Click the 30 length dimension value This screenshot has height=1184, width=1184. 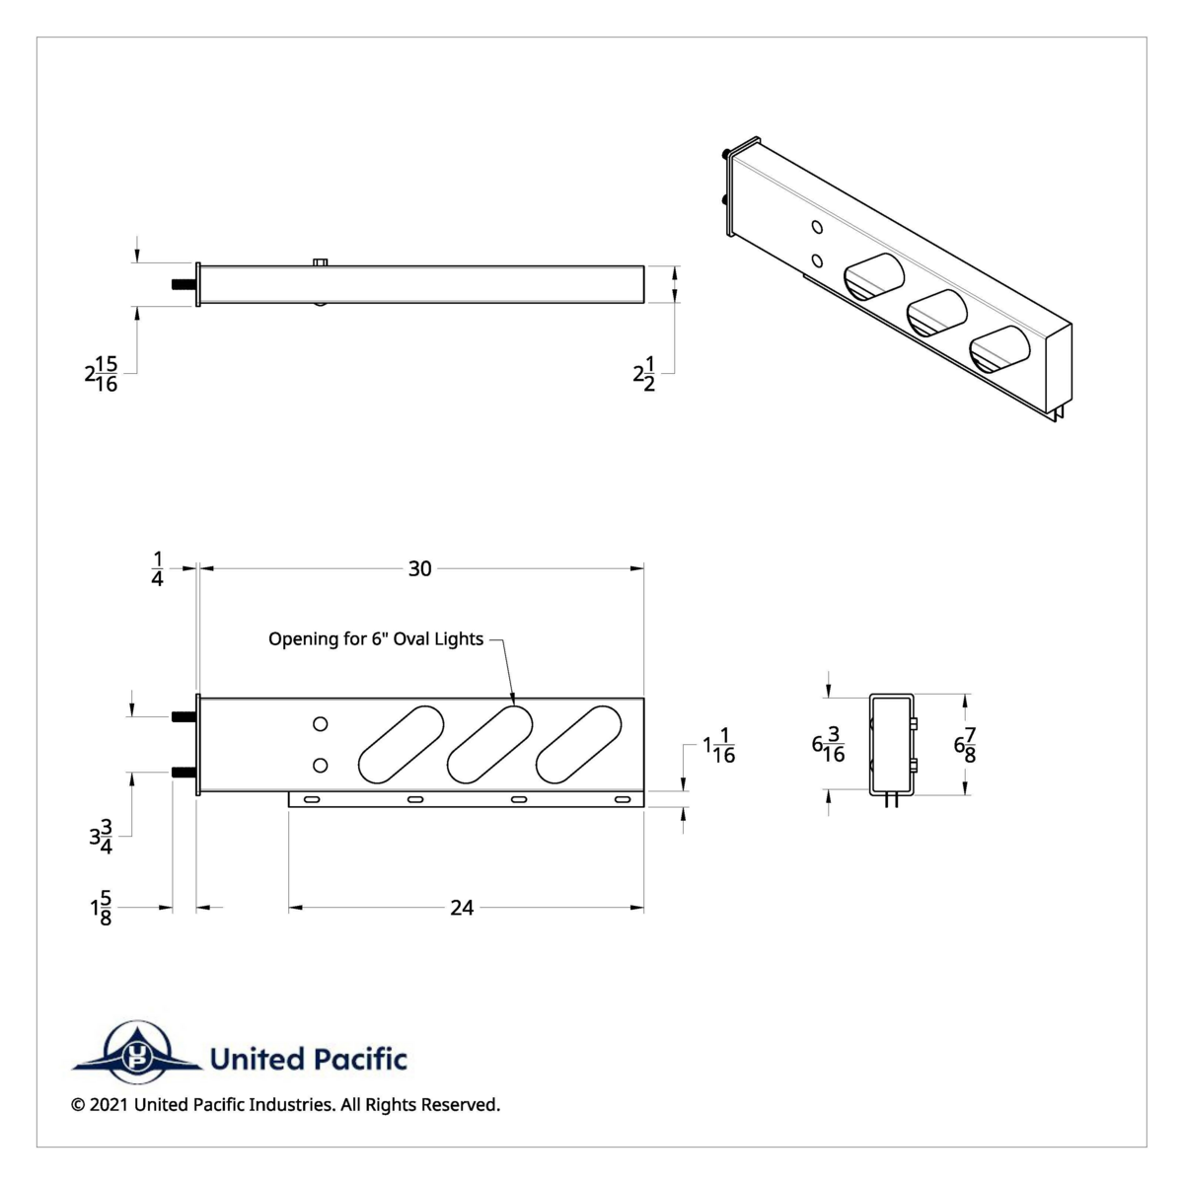(420, 569)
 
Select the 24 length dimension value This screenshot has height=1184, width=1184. (462, 908)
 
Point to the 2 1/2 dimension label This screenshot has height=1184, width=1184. (644, 375)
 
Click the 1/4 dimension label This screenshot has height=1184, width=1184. (158, 570)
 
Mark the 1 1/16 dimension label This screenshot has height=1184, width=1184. (719, 747)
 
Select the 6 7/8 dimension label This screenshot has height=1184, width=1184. (965, 745)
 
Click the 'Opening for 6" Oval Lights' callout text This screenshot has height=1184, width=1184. (376, 639)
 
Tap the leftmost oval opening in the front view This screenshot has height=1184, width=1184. (396, 745)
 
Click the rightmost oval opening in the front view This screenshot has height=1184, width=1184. (580, 745)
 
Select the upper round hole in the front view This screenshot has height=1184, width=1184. (320, 724)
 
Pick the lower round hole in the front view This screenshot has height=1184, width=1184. (320, 766)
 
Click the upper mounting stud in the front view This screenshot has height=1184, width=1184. (183, 717)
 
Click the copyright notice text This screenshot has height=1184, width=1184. (286, 1105)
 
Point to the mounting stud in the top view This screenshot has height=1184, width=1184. (184, 285)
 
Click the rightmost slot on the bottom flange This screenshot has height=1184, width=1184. (622, 799)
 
